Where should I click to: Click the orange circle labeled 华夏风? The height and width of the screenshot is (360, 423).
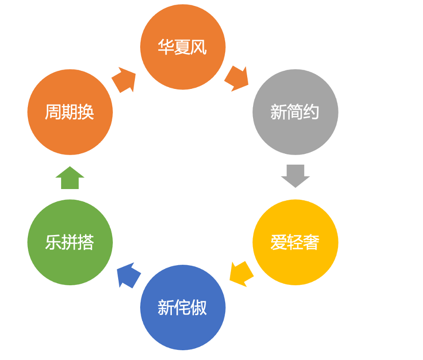click(x=183, y=47)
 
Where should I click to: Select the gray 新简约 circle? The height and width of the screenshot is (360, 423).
click(x=295, y=112)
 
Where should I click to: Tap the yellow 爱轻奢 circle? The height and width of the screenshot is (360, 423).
click(x=295, y=242)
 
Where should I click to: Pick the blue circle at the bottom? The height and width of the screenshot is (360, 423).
click(x=183, y=308)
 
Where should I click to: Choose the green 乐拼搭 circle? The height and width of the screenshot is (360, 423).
click(x=70, y=242)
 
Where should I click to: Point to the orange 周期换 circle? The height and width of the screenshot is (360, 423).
click(x=70, y=112)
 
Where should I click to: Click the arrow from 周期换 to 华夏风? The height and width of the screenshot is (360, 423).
click(x=124, y=80)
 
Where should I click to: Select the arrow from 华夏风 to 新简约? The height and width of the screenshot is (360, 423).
click(x=237, y=78)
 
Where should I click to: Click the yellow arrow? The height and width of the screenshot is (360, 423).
click(x=241, y=274)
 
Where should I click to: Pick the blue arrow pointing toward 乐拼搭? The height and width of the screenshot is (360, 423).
click(x=128, y=275)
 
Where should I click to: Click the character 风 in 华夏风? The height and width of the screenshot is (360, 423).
click(x=199, y=48)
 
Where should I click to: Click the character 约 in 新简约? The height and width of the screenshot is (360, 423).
click(x=311, y=112)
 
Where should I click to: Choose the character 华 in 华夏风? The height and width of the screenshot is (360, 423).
click(x=166, y=48)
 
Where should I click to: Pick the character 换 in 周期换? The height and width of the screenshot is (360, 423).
click(x=86, y=112)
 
